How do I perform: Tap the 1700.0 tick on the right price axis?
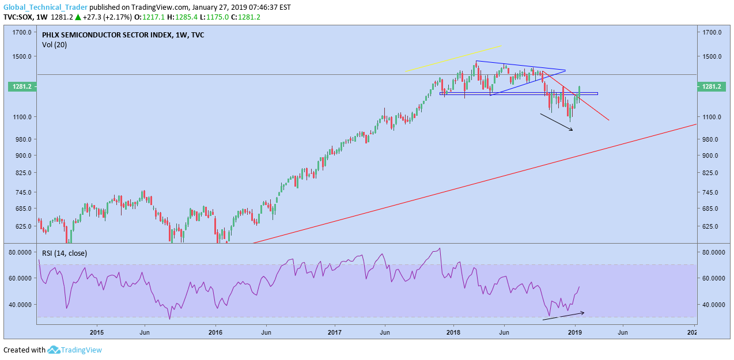coord(712,32)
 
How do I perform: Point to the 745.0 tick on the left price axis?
coord(22,192)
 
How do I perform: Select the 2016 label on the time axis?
coord(215,332)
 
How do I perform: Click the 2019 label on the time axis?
coord(574,332)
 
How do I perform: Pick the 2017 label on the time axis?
coord(335,332)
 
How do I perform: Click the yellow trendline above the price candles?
coord(453,58)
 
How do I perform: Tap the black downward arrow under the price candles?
coord(557,122)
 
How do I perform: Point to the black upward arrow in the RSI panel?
coord(563,316)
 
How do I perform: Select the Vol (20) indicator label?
coord(54,44)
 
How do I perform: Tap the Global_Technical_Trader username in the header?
coord(46,7)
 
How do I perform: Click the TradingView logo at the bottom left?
coord(74,350)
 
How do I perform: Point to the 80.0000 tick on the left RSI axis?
coord(20,252)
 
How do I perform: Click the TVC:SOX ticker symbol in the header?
coord(18,17)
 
